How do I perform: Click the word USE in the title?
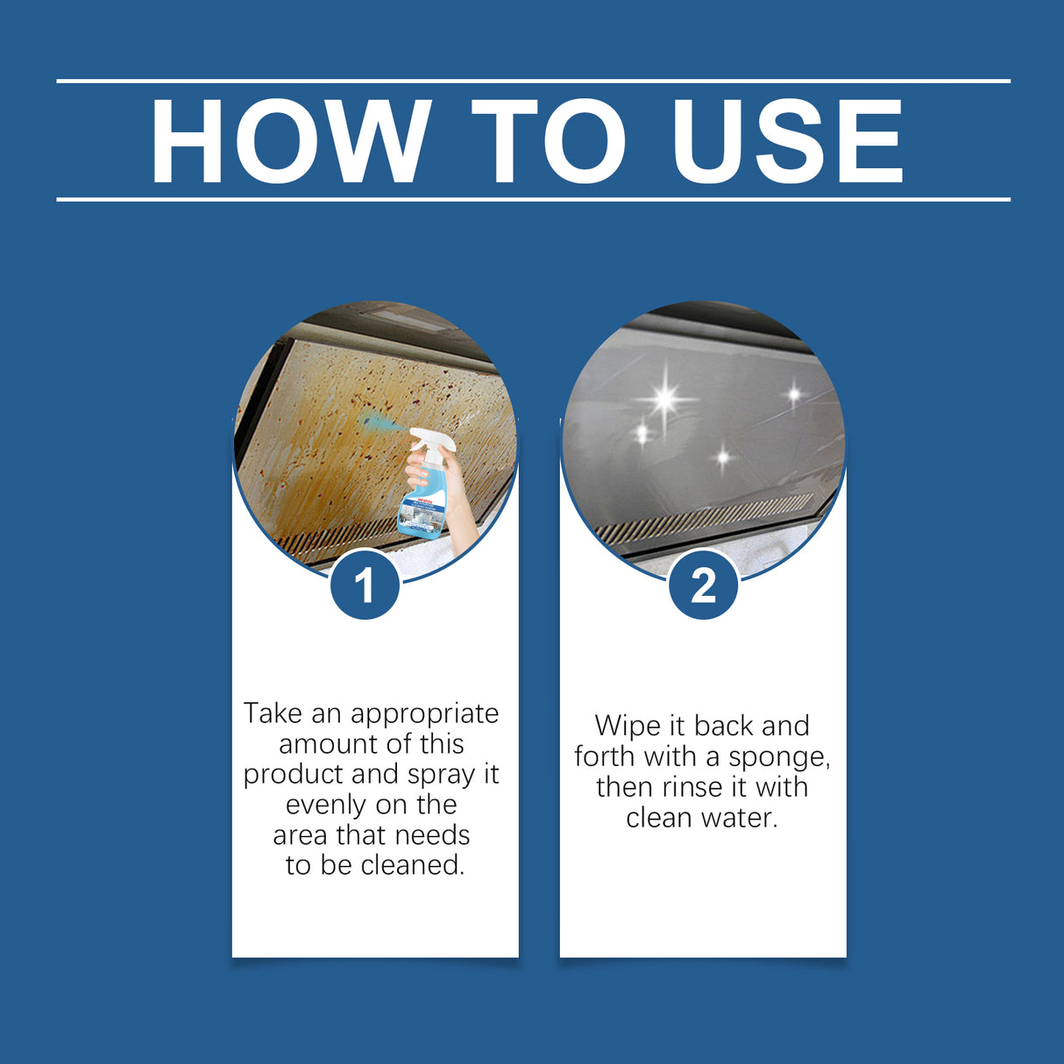[787, 141]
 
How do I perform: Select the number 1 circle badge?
[365, 585]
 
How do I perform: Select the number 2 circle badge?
[703, 585]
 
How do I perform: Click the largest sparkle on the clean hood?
[665, 400]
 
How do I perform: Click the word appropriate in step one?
[424, 714]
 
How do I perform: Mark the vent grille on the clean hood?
[706, 518]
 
